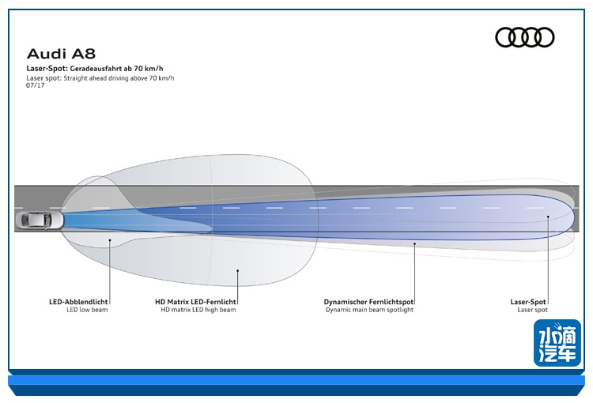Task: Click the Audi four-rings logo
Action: click(x=524, y=37)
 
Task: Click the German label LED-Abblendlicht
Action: click(x=78, y=301)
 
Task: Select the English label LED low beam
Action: click(x=87, y=310)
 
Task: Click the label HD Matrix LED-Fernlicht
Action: click(x=196, y=301)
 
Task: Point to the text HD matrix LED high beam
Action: click(x=198, y=310)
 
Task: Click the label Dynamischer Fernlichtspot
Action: click(x=369, y=301)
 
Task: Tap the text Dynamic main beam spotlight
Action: click(x=369, y=310)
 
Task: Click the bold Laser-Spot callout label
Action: click(x=529, y=301)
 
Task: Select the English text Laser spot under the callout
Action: click(x=532, y=310)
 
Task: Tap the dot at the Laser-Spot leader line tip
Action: click(x=547, y=214)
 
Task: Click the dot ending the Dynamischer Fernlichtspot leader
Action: click(x=414, y=244)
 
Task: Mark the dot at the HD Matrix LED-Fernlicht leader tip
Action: click(x=237, y=270)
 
